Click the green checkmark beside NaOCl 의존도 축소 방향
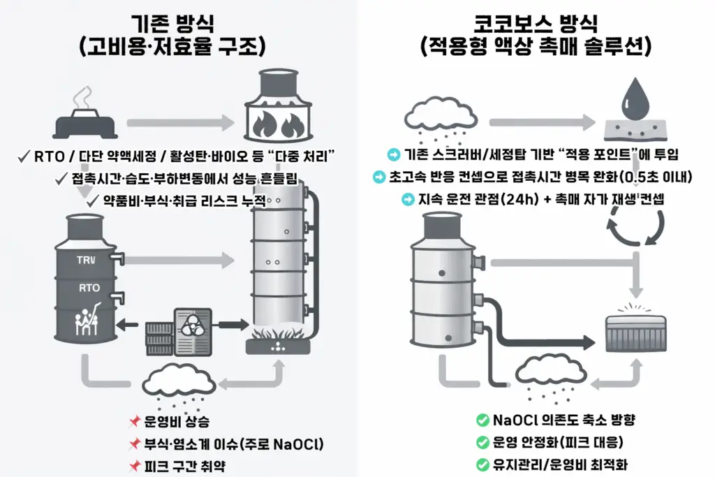482,420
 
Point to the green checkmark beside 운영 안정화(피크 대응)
482,442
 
